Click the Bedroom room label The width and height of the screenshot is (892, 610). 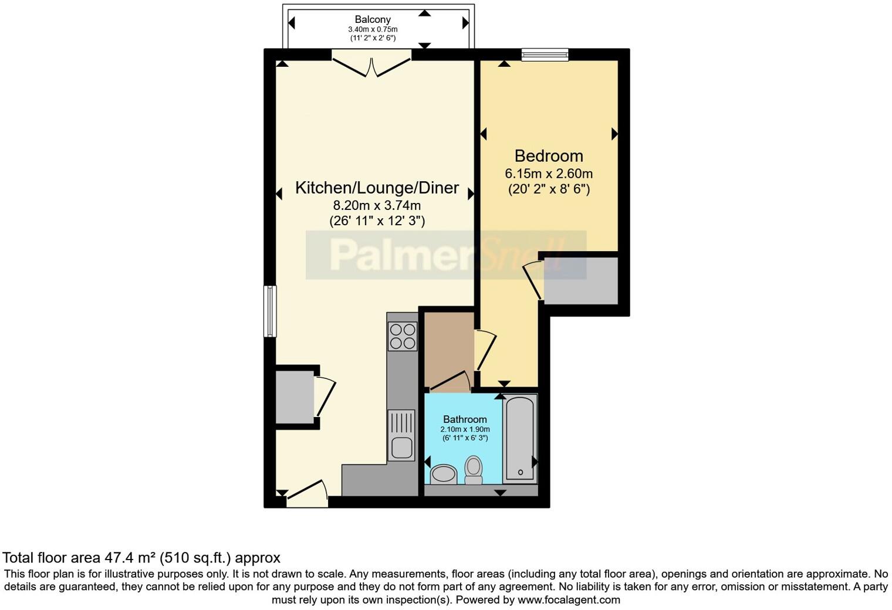coord(549,156)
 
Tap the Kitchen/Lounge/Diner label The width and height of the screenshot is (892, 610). coord(377,188)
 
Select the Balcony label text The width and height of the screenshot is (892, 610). coord(372,19)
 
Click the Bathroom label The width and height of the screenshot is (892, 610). coord(465,419)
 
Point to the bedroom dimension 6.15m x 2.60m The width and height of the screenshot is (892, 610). coord(549,174)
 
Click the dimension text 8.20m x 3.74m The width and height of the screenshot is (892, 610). coord(377,205)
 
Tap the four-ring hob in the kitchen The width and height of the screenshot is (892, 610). coord(403,336)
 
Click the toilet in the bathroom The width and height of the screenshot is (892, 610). coord(474,470)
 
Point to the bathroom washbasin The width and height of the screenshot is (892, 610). coord(444,474)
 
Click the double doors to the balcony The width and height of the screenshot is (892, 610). coord(371,65)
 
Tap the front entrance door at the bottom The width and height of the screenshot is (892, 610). coord(307,496)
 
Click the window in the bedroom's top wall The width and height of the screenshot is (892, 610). coord(545,55)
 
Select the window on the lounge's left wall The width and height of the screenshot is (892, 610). coord(270,311)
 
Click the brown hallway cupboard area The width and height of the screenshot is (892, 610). coord(448,348)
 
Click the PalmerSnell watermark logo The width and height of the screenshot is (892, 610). coord(446,255)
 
